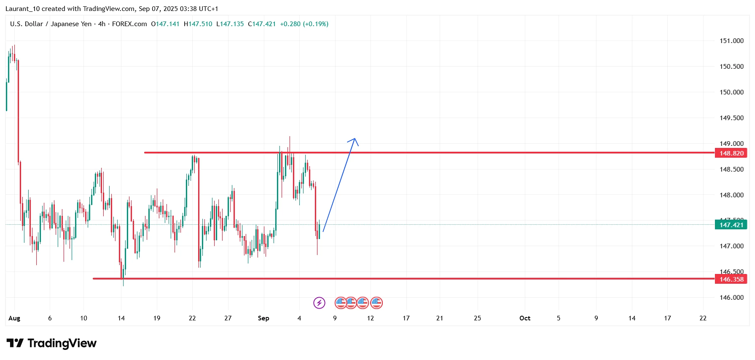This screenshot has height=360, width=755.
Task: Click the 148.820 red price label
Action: click(x=731, y=153)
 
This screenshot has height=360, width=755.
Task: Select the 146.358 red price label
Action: click(x=731, y=279)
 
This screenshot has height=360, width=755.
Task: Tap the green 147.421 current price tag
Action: click(x=731, y=225)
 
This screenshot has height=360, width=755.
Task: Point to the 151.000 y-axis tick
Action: click(x=731, y=41)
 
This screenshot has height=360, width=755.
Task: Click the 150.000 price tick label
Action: click(x=731, y=92)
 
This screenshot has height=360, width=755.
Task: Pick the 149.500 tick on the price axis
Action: click(x=731, y=118)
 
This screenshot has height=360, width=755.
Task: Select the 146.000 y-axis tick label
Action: click(x=731, y=298)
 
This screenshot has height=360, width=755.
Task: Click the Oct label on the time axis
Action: click(x=525, y=318)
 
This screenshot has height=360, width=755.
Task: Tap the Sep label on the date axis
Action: click(x=263, y=318)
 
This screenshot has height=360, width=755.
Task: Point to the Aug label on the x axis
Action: click(x=14, y=318)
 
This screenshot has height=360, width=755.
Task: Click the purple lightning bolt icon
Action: click(x=319, y=303)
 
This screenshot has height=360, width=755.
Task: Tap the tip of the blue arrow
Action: click(x=355, y=139)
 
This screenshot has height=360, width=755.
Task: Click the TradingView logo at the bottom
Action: click(x=51, y=344)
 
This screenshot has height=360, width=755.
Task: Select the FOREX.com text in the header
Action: click(x=129, y=24)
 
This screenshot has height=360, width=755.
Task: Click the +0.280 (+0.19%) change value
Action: click(x=304, y=24)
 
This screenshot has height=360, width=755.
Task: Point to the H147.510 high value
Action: click(x=198, y=24)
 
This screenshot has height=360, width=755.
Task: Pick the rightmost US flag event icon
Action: click(x=376, y=303)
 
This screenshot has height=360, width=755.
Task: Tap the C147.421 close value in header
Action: click(x=262, y=24)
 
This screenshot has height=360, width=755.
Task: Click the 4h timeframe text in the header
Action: click(x=102, y=24)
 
